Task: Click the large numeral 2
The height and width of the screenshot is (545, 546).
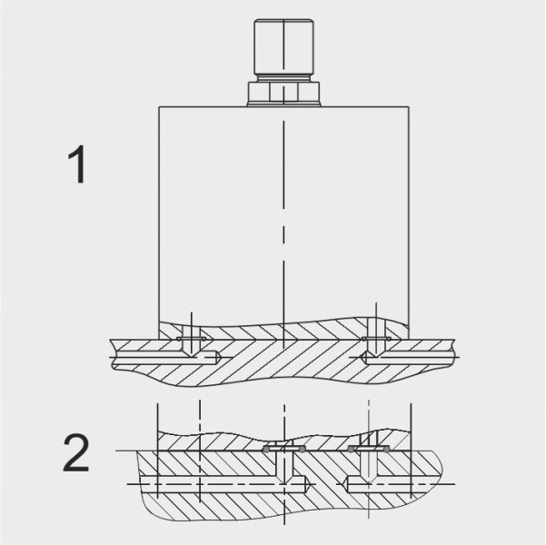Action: tap(76, 452)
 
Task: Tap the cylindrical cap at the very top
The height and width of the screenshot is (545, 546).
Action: tap(283, 46)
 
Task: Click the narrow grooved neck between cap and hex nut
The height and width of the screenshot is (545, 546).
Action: tap(283, 78)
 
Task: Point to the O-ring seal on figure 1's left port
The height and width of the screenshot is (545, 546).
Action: tap(191, 339)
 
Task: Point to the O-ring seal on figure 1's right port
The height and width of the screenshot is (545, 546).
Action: tap(376, 339)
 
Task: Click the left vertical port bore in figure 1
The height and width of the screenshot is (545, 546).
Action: tap(191, 341)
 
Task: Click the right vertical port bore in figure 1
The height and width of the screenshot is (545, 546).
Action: tap(376, 341)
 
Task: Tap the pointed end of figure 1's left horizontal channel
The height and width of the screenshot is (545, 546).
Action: tap(219, 357)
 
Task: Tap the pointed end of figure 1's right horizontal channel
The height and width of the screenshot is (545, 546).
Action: tap(360, 357)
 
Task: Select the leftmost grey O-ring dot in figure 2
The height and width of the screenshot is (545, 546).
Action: tap(266, 450)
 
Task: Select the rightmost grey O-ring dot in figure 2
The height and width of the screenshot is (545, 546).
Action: tap(386, 450)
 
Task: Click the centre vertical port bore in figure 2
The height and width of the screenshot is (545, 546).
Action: tap(284, 463)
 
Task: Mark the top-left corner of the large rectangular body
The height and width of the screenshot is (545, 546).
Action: tap(159, 106)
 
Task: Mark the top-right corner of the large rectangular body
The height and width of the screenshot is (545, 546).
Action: tap(409, 106)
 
